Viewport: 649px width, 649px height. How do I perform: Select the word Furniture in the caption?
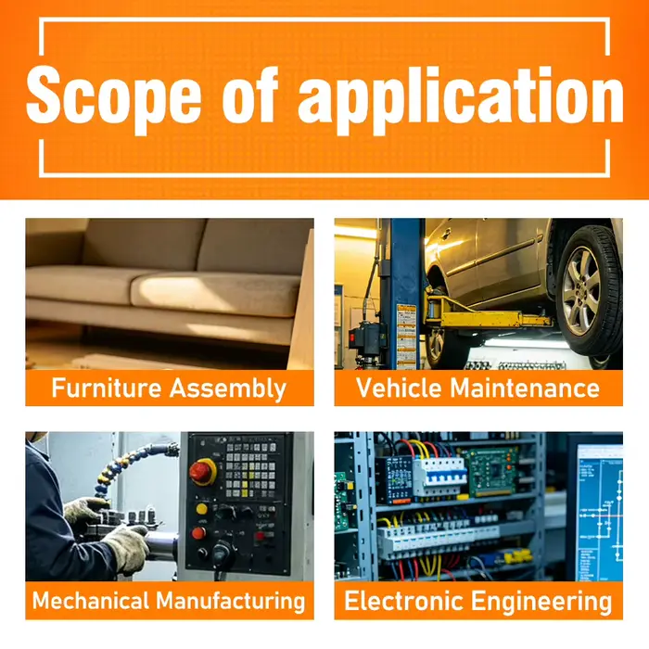point(107,388)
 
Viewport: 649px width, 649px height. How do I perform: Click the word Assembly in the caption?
point(228,388)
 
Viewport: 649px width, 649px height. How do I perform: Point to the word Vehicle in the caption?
point(399,388)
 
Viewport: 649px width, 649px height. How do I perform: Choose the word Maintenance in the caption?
point(525,388)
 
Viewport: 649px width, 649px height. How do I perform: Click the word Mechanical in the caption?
point(91,600)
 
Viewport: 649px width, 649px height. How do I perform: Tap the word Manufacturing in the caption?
point(231,601)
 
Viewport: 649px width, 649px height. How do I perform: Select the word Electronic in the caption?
point(403,601)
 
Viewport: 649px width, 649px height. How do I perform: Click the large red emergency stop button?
point(202,472)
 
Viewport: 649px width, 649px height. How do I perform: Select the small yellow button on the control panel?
point(201,509)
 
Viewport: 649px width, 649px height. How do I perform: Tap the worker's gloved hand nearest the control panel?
point(127,549)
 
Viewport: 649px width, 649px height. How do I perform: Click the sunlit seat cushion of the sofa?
point(215,294)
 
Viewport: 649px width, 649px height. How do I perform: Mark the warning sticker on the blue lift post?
point(406,336)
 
